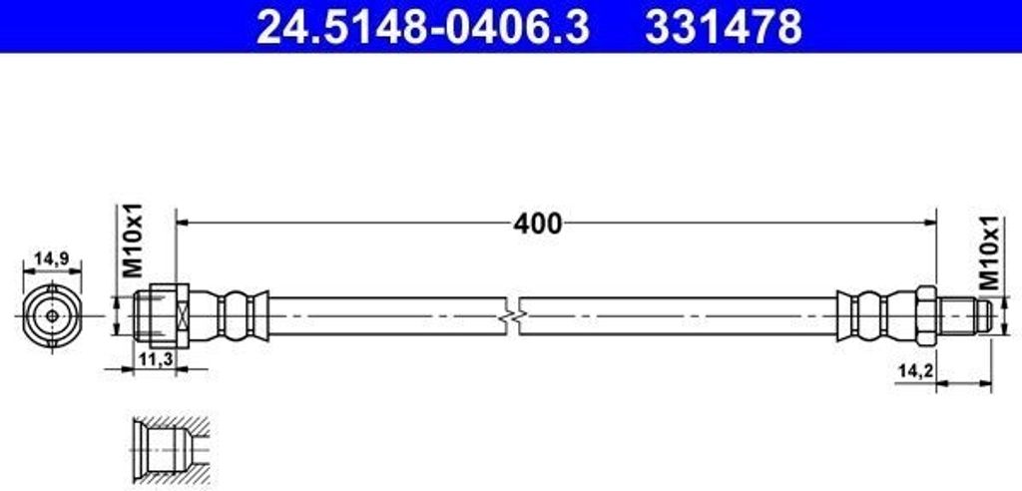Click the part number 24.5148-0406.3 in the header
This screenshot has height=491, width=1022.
pos(423,27)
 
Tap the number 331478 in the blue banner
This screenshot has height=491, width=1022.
pos(724,27)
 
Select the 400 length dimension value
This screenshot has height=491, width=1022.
pos(537,224)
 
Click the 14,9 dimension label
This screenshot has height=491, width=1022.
pos(52,258)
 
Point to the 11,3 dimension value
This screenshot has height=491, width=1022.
pos(155,358)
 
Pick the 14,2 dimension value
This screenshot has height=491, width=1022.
pos(916,370)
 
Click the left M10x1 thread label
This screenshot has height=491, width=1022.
pos(133,240)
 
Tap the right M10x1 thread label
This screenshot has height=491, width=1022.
pos(989,252)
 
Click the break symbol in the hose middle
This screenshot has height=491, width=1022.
pos(513,316)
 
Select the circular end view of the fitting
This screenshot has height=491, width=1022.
pos(52,316)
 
